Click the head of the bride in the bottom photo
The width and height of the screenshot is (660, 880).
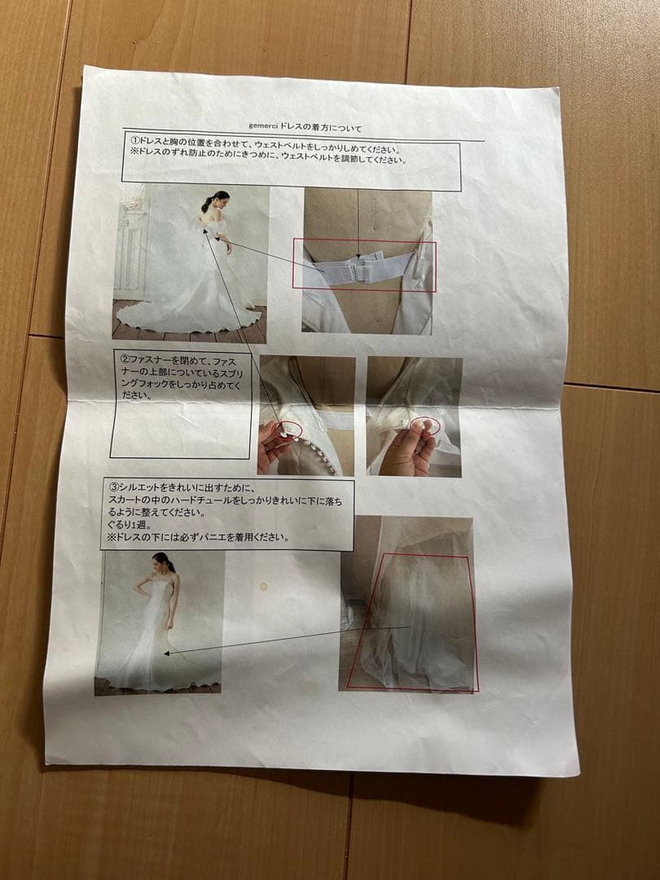pyautogui.click(x=164, y=561)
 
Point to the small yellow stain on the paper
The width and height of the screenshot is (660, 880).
pyautogui.click(x=263, y=587)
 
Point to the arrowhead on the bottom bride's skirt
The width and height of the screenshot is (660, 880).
pyautogui.click(x=167, y=653)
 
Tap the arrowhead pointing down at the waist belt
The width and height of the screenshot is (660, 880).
pyautogui.click(x=358, y=254)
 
